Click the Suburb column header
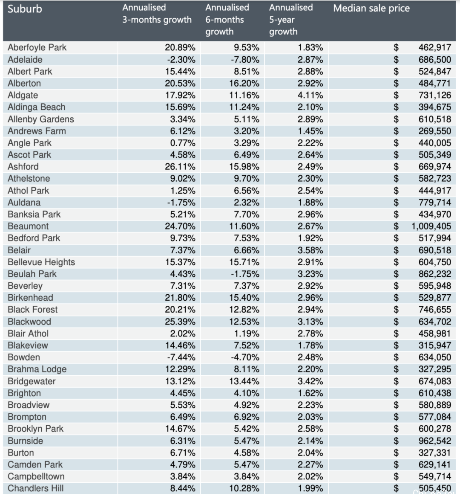click(x=25, y=9)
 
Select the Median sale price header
click(x=371, y=8)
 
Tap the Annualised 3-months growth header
click(x=157, y=14)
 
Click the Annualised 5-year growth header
click(x=291, y=20)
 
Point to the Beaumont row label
click(x=28, y=226)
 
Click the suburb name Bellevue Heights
click(x=41, y=262)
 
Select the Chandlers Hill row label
click(x=36, y=488)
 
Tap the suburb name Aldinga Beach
click(x=37, y=107)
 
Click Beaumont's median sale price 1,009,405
click(x=431, y=226)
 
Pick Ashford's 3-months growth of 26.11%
click(x=180, y=167)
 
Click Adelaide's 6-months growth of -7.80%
click(x=245, y=60)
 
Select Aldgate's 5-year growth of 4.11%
click(x=310, y=95)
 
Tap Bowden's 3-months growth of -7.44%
click(x=181, y=357)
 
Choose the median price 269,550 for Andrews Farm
click(x=434, y=131)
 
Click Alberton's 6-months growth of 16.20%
click(x=244, y=83)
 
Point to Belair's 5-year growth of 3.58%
click(x=310, y=250)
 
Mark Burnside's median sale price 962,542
click(x=434, y=441)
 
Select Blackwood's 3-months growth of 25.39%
click(x=180, y=322)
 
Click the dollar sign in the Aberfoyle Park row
click(x=396, y=48)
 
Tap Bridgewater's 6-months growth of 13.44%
click(x=244, y=381)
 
